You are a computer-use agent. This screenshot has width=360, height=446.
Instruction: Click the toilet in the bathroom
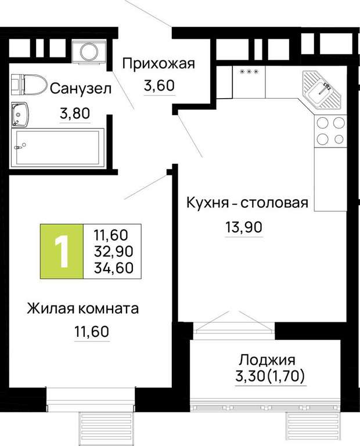click(29, 85)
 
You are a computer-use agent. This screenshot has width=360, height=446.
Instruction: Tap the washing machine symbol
click(89, 52)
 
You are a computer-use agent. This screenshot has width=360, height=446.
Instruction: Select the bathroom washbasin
click(20, 114)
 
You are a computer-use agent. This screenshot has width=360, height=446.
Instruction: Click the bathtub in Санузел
click(57, 148)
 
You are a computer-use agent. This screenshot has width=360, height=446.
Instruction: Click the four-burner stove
click(330, 131)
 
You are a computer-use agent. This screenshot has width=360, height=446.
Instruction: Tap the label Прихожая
click(159, 64)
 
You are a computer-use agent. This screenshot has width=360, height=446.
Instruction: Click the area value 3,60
click(159, 85)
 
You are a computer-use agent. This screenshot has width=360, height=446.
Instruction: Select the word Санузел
click(81, 89)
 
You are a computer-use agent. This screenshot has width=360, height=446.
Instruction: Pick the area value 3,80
click(75, 113)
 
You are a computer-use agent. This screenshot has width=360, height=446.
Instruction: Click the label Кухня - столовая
click(247, 203)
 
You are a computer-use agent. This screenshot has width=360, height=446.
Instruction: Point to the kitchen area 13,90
click(244, 227)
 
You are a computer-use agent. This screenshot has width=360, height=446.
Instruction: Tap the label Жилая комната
click(83, 308)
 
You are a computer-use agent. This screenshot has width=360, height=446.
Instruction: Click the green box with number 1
click(62, 251)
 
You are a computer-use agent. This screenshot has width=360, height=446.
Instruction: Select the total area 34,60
click(114, 268)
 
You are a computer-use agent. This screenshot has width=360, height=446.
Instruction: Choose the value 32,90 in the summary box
click(114, 251)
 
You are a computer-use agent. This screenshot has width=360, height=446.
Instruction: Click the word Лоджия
click(267, 361)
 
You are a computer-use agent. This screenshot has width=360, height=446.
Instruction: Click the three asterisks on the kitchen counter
click(249, 72)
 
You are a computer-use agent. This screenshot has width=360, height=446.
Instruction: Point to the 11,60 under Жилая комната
click(92, 332)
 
